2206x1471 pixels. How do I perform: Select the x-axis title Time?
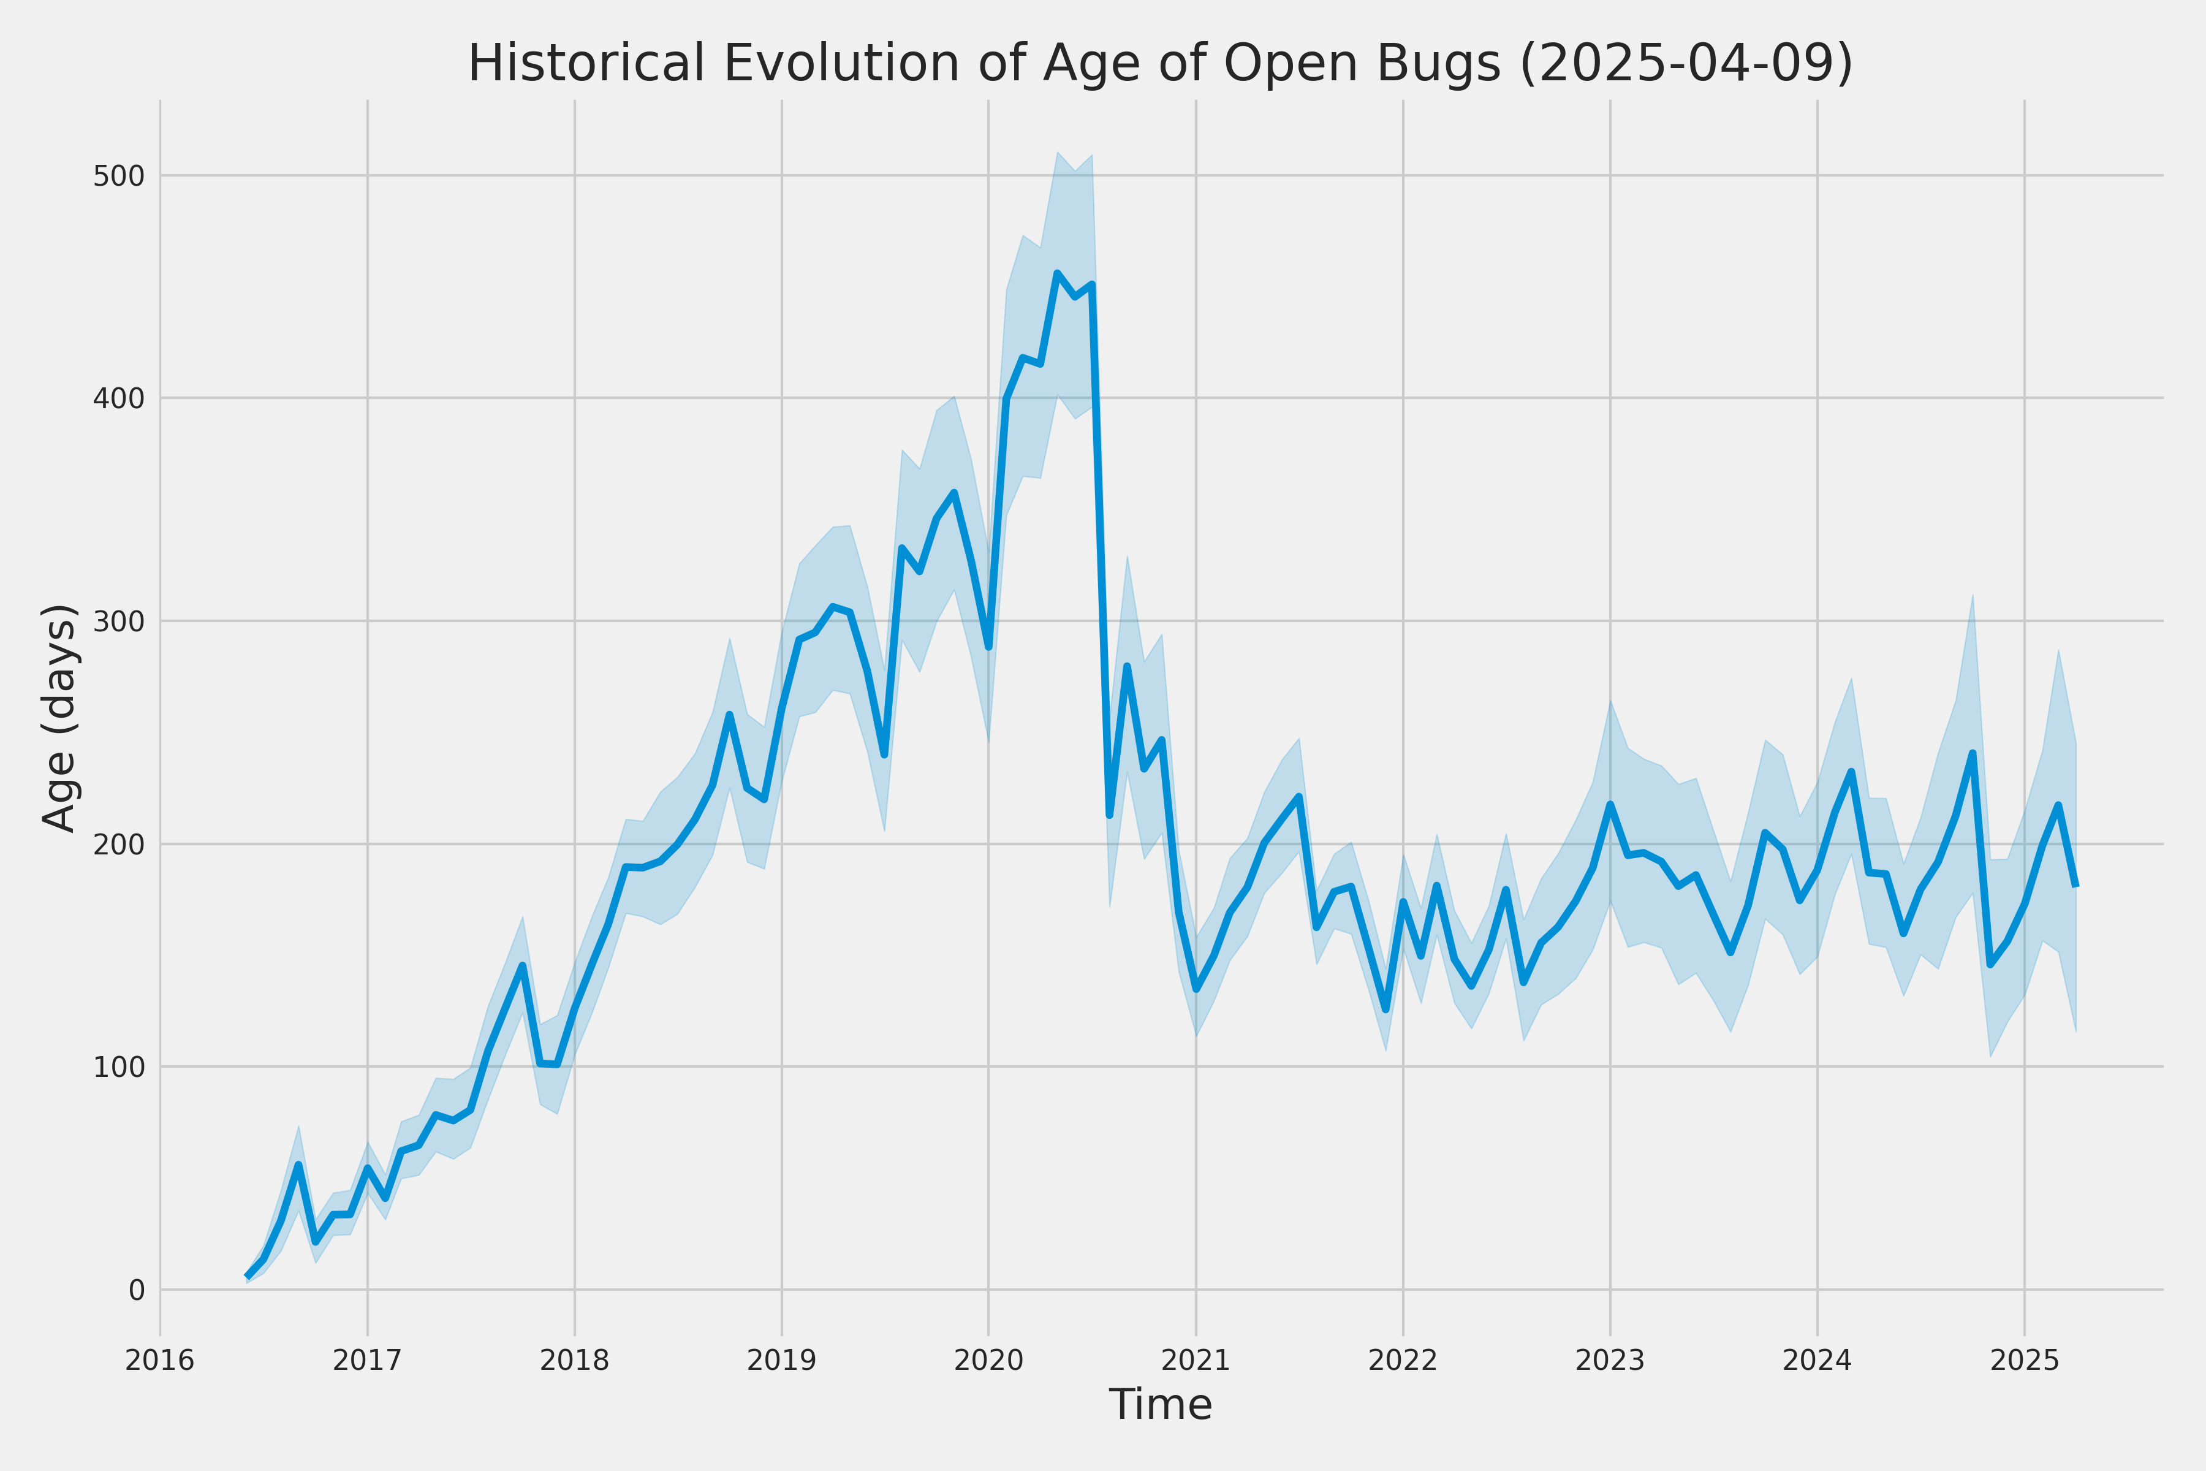click(x=1160, y=1404)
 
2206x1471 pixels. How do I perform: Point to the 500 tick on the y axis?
click(x=119, y=177)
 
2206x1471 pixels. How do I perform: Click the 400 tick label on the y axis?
click(x=119, y=399)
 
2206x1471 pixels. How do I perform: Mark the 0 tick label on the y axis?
click(x=137, y=1291)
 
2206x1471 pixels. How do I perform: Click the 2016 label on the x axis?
click(x=161, y=1360)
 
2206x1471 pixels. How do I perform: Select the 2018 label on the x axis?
click(x=575, y=1360)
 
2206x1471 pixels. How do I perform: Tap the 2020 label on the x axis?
click(x=988, y=1360)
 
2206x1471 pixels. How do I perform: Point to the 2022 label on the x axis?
click(x=1403, y=1360)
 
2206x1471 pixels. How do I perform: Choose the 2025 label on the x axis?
click(x=2024, y=1360)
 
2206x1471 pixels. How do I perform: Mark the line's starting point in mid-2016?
click(x=247, y=1276)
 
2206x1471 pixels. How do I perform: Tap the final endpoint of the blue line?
click(x=2077, y=884)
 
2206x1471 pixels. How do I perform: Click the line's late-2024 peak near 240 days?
click(x=1973, y=753)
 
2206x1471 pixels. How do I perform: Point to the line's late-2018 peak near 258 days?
click(x=730, y=715)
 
